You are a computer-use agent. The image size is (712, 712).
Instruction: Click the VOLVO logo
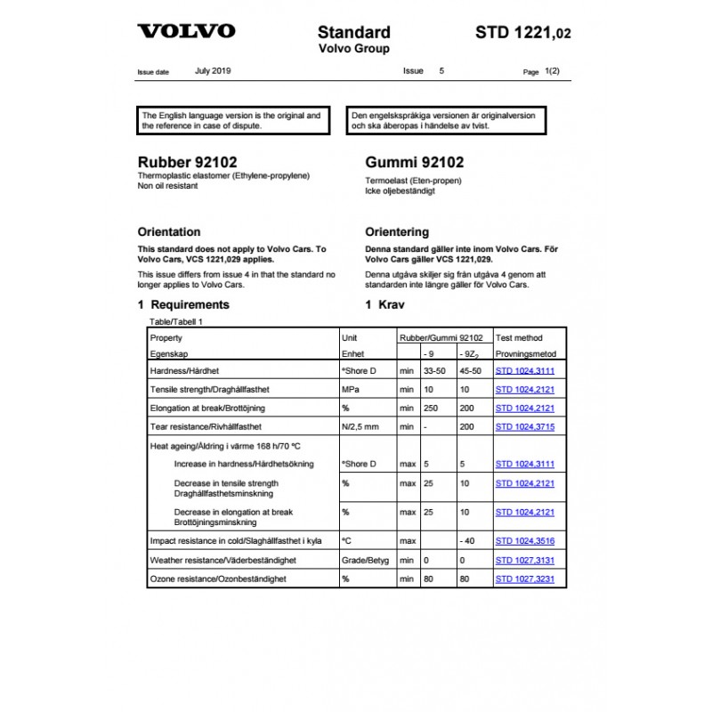click(186, 31)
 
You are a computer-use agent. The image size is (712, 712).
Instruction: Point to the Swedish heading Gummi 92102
click(414, 163)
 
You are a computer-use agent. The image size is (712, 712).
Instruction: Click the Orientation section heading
click(169, 232)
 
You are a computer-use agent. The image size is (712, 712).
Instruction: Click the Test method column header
click(519, 338)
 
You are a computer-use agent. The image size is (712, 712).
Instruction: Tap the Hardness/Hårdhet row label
click(185, 370)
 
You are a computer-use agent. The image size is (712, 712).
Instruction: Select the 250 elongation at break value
click(430, 408)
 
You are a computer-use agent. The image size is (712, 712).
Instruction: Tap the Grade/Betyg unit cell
click(363, 561)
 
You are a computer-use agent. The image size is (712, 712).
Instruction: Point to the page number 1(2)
click(552, 70)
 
